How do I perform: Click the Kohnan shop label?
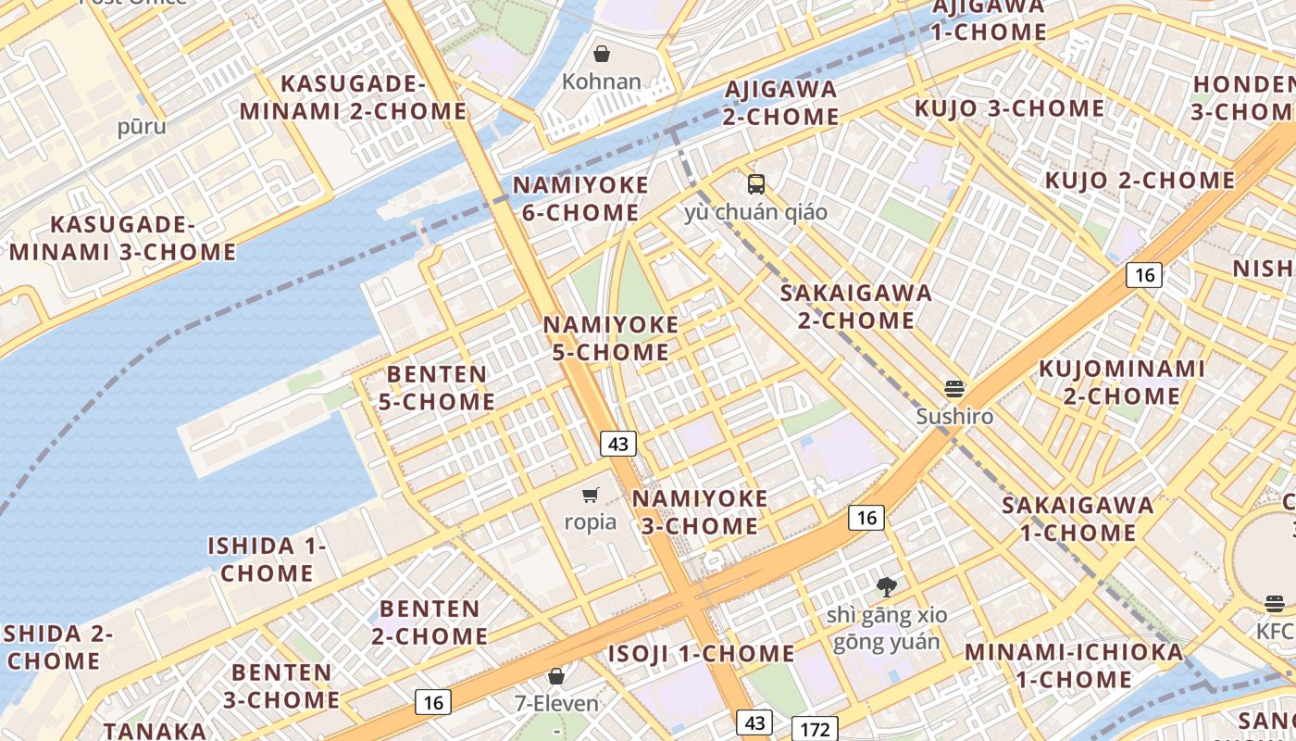pos(602,82)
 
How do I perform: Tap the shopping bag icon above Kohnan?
pos(602,54)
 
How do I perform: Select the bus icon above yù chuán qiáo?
pos(756,183)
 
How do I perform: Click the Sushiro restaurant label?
pos(954,416)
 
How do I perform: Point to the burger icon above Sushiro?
pos(954,388)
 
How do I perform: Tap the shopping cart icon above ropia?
pos(591,495)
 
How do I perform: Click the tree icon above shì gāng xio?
pos(887,586)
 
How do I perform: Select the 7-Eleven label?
pos(556,704)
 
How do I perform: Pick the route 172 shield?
pos(815,729)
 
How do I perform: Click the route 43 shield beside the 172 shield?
pos(754,722)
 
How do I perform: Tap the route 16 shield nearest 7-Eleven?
pos(433,702)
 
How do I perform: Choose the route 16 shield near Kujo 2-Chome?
pos(1144,275)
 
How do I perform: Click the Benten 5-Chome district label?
pos(437,388)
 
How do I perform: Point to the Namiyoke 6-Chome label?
pos(580,198)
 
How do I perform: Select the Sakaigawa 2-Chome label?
pos(855,307)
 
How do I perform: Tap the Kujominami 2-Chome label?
pos(1121,383)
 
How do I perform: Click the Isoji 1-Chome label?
pos(701,654)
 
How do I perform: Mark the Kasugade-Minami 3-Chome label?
pos(123,238)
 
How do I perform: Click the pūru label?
pos(142,126)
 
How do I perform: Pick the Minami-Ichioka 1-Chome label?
pos(1074,665)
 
